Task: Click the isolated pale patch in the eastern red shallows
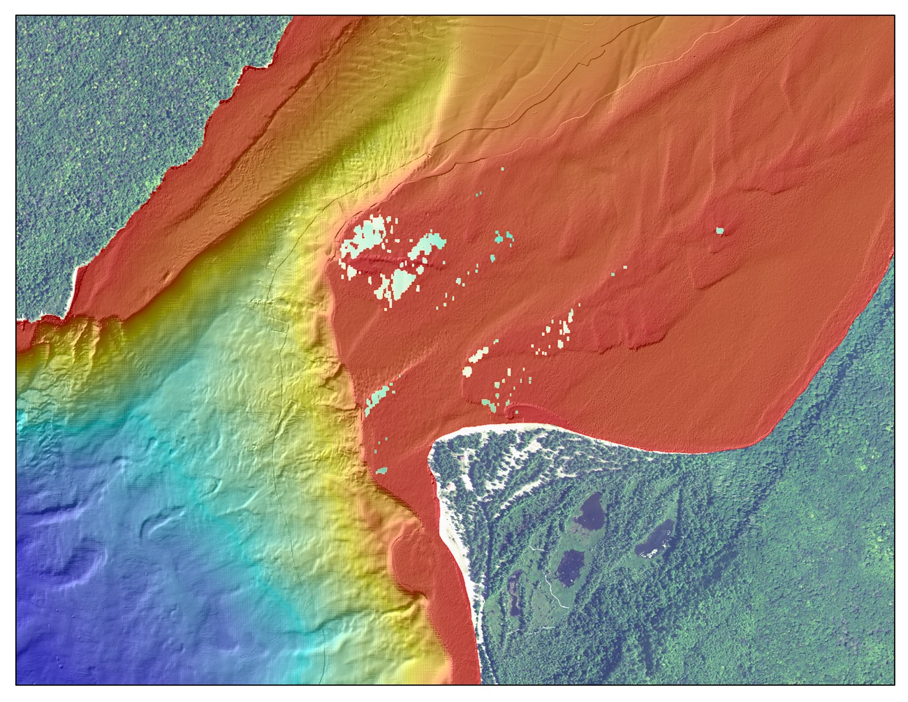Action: [x=720, y=230]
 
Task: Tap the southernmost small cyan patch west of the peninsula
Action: [x=382, y=471]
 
